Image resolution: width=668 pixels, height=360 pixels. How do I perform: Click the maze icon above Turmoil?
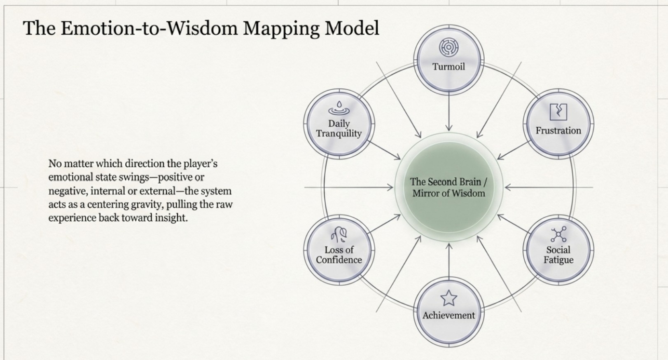point(449,47)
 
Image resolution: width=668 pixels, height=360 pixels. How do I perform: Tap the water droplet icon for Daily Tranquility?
point(339,108)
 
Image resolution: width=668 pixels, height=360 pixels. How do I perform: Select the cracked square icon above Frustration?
point(558,112)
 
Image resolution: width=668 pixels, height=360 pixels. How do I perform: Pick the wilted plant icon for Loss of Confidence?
point(339,234)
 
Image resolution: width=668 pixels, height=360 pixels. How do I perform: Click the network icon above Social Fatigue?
point(558,234)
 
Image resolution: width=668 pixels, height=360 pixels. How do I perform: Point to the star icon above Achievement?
point(449,298)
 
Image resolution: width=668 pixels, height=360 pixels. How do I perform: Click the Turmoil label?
point(449,66)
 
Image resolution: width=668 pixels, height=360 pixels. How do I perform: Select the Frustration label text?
point(558,131)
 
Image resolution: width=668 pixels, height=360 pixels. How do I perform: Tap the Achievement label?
point(449,315)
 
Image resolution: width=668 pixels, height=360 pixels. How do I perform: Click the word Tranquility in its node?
point(339,133)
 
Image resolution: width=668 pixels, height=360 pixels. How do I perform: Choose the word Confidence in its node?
point(339,260)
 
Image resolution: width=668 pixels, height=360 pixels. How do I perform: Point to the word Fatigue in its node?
point(558,260)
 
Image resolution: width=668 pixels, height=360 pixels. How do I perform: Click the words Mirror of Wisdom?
point(449,193)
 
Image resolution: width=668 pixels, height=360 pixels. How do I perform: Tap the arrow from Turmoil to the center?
point(449,111)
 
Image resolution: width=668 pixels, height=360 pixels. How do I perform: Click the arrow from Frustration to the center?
point(513,150)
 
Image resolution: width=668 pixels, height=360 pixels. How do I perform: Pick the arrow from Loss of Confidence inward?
point(384,224)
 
